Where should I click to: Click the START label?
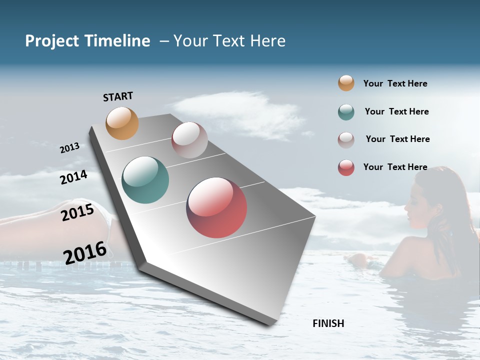click(x=118, y=96)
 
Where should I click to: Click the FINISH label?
click(x=328, y=323)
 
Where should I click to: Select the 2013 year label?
click(x=69, y=148)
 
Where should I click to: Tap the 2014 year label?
click(x=73, y=177)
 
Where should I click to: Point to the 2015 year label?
click(x=77, y=212)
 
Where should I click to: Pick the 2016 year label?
click(x=85, y=253)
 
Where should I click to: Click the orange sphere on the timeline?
click(x=122, y=123)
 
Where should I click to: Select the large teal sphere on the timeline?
click(x=145, y=180)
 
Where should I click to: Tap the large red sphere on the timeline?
click(x=216, y=207)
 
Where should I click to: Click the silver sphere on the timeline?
click(x=189, y=140)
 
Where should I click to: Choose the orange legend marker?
click(x=346, y=83)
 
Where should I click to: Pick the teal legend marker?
click(x=346, y=112)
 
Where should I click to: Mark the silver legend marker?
click(x=346, y=140)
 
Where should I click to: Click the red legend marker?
click(x=346, y=167)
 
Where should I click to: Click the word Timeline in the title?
click(x=117, y=41)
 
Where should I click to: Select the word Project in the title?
click(x=52, y=41)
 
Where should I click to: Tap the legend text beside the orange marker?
click(x=395, y=84)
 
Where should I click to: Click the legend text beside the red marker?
click(x=395, y=167)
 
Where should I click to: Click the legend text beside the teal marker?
click(x=396, y=111)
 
